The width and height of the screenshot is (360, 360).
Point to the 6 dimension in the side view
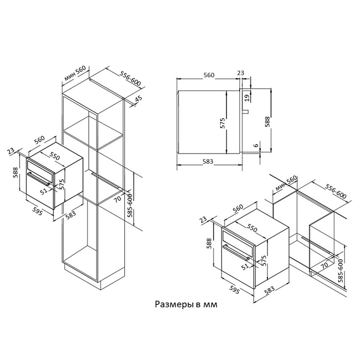(x=255, y=145)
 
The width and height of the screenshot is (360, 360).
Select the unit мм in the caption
(x=211, y=305)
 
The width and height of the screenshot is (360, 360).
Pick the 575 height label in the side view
(x=222, y=123)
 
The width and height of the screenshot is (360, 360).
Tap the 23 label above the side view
(x=240, y=73)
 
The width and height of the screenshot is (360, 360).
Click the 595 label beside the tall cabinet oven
(x=37, y=211)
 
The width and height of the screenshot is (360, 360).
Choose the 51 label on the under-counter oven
(x=245, y=267)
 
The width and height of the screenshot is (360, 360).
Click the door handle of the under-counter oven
(x=236, y=253)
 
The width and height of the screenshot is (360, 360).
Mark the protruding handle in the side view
(x=247, y=111)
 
